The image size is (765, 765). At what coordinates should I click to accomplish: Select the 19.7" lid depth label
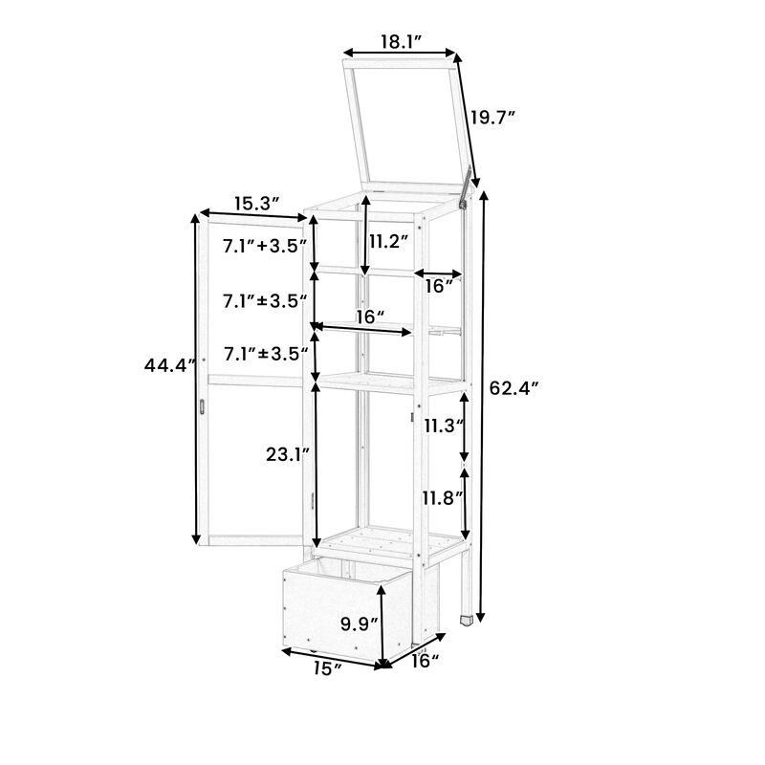pyautogui.click(x=492, y=118)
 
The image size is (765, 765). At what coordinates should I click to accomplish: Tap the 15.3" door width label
pyautogui.click(x=256, y=203)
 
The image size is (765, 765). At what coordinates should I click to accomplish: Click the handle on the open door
pyautogui.click(x=203, y=406)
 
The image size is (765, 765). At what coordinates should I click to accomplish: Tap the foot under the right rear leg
pyautogui.click(x=466, y=618)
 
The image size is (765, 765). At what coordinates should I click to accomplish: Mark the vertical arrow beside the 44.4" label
pyautogui.click(x=198, y=379)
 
